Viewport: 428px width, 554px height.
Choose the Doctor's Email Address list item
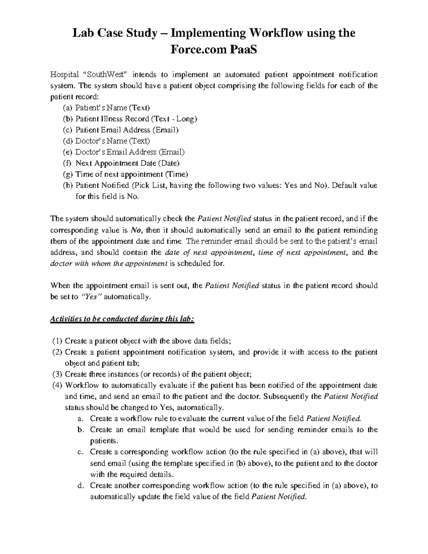(x=130, y=152)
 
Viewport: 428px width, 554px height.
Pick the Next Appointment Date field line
(x=127, y=163)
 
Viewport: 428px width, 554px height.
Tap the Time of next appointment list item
(x=131, y=174)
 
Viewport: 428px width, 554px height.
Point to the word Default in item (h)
(x=344, y=185)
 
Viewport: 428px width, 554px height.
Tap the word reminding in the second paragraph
(x=363, y=230)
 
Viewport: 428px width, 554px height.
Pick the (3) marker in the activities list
(x=57, y=374)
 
